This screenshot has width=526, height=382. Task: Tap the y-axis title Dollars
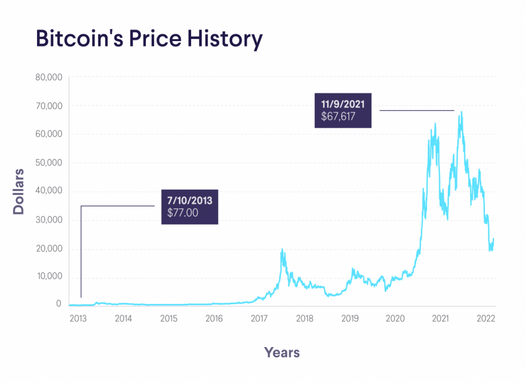click(x=18, y=191)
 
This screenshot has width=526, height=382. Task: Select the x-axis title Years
click(x=282, y=352)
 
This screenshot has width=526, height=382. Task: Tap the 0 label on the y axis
click(x=59, y=304)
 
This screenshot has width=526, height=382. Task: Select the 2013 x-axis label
click(x=78, y=318)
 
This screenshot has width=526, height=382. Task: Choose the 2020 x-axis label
click(x=395, y=318)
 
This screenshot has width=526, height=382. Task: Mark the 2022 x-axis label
click(x=485, y=318)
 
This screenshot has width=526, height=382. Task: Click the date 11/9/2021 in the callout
click(x=343, y=104)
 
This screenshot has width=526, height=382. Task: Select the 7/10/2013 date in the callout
click(x=190, y=201)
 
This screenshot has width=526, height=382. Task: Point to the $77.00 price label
click(x=182, y=212)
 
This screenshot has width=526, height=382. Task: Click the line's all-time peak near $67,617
click(x=461, y=112)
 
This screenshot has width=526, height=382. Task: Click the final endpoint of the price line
click(x=494, y=239)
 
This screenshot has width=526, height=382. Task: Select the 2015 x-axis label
click(x=168, y=318)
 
